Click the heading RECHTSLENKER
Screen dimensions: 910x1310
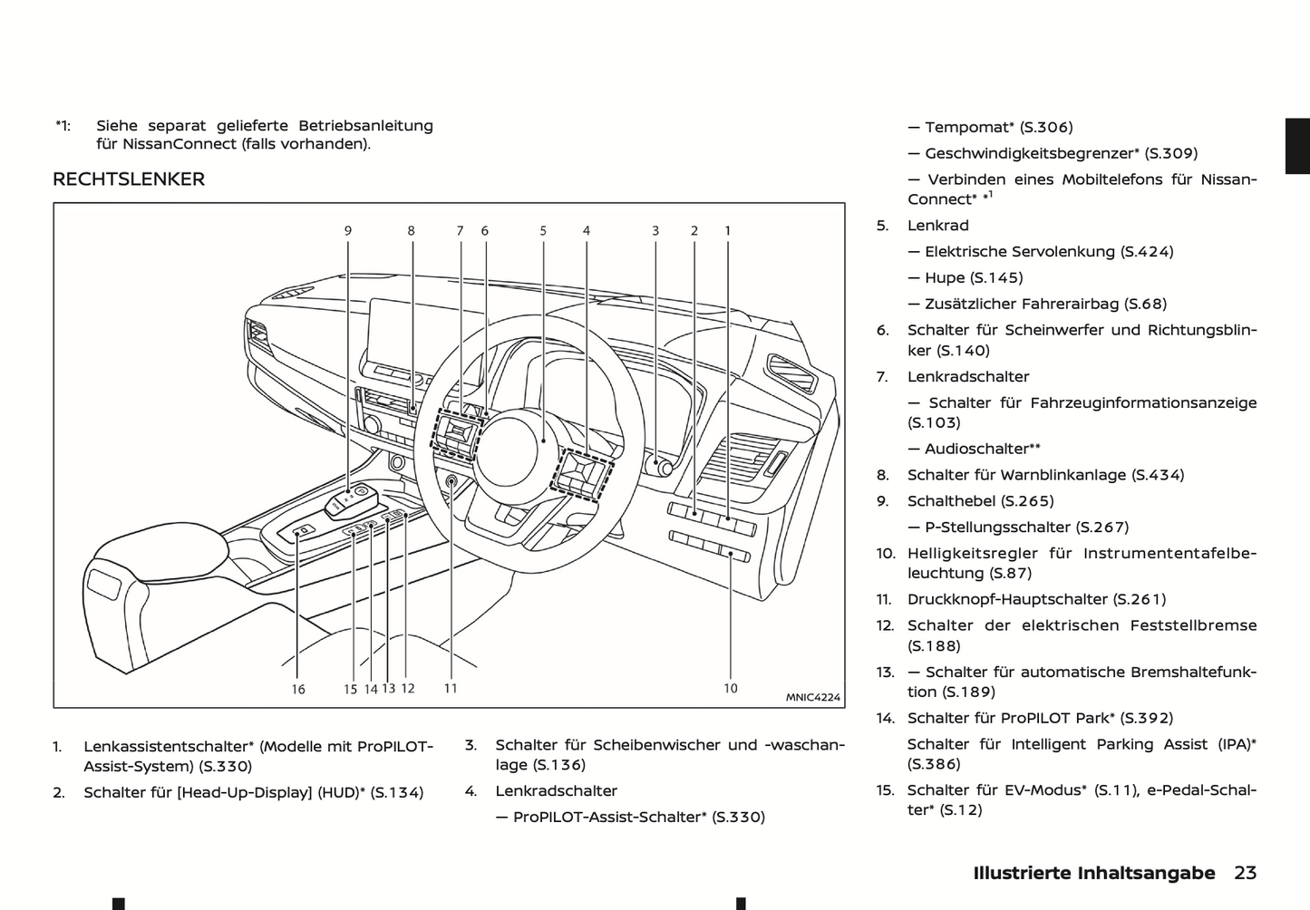[x=129, y=179]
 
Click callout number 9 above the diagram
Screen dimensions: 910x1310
[x=348, y=231]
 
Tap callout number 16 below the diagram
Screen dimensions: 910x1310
[x=298, y=690]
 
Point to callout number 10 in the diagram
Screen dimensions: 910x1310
[x=731, y=689]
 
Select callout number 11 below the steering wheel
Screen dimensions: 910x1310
[x=451, y=689]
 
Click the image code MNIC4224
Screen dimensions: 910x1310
[x=812, y=697]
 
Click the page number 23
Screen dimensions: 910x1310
[x=1245, y=873]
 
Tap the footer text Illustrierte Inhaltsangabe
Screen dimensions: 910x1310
[x=1093, y=873]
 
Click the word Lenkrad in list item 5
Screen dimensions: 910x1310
[x=938, y=226]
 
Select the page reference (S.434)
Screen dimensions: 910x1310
[x=1159, y=475]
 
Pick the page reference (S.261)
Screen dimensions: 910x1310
[x=1140, y=599]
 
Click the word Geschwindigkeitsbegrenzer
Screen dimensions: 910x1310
[x=1029, y=154]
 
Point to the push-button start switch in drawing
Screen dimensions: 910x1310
[x=451, y=482]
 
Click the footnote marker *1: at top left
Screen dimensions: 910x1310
[x=63, y=126]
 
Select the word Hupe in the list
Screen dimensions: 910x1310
[x=945, y=278]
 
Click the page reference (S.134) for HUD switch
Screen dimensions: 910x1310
[x=397, y=793]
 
